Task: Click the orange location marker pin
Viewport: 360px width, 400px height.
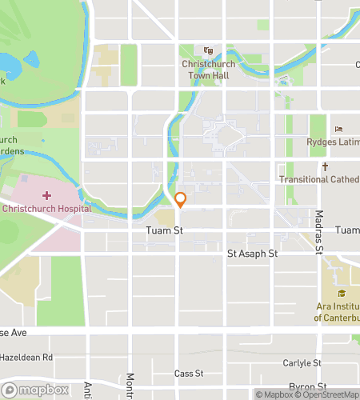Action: coord(181,199)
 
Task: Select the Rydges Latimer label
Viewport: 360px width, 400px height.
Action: coord(332,142)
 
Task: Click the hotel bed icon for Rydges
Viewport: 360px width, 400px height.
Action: coord(339,129)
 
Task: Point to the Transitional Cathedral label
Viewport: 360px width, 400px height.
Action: coord(319,179)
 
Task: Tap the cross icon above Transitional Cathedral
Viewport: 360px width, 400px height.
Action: coord(326,166)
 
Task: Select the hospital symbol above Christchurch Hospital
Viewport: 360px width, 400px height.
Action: coord(46,195)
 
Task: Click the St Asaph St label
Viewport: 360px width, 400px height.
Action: coord(252,254)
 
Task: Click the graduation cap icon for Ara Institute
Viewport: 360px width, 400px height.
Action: coord(341,293)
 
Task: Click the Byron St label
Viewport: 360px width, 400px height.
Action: coord(306,386)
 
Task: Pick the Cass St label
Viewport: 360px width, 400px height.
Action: coord(190,374)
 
